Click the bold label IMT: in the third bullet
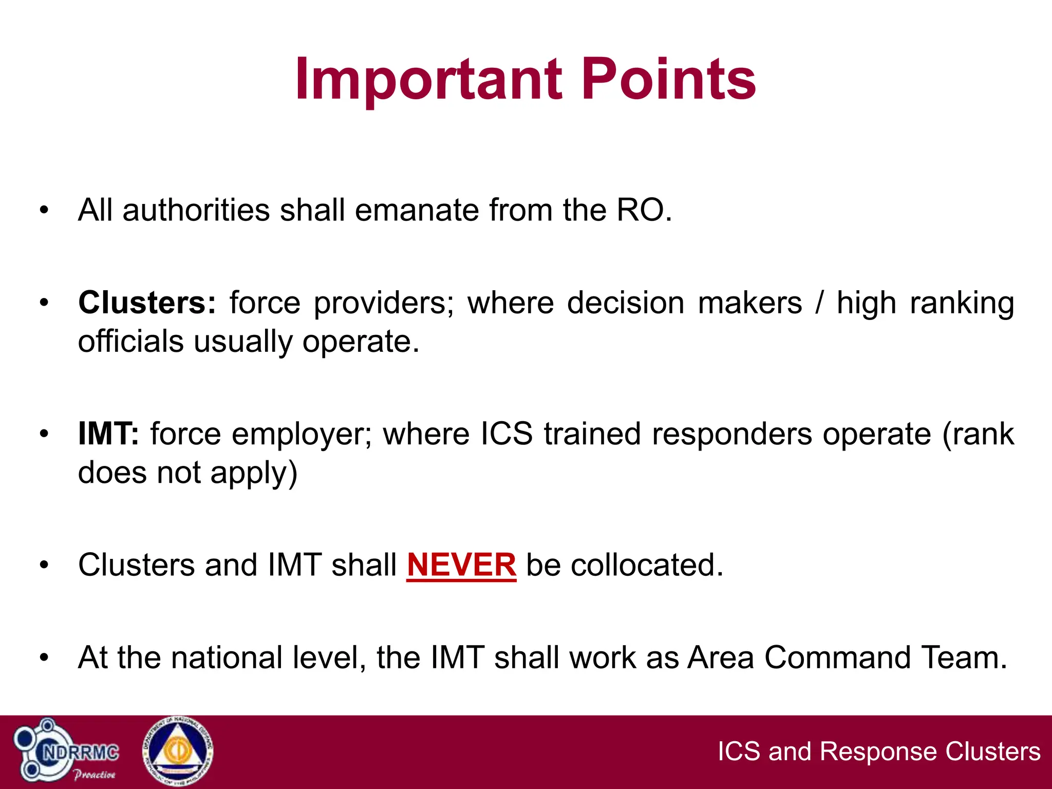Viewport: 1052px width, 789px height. point(108,434)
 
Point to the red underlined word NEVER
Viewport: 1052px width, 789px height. point(461,565)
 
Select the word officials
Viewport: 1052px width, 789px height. point(130,342)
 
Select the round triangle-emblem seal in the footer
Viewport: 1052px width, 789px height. point(177,752)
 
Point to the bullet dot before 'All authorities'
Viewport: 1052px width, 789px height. point(44,211)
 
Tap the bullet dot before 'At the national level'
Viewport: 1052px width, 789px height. point(44,658)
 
